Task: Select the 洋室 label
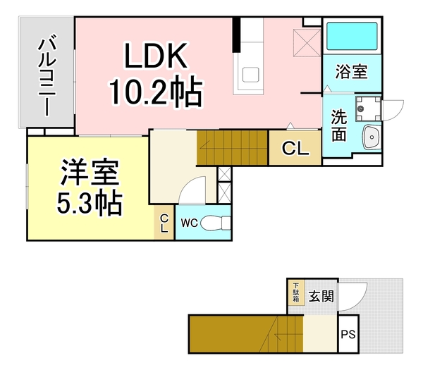[89, 171]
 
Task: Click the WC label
[188, 223]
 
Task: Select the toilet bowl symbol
[215, 223]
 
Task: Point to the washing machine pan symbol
[367, 108]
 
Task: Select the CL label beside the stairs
[294, 148]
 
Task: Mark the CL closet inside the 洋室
[164, 224]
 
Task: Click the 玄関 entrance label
[321, 297]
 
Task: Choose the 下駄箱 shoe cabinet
[295, 292]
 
